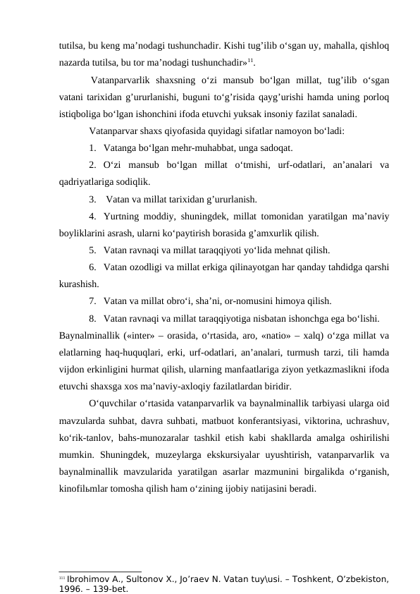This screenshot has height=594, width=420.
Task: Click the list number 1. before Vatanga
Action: click(94, 148)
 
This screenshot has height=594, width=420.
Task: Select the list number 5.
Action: click(94, 250)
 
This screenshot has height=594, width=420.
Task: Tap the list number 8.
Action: click(94, 317)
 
